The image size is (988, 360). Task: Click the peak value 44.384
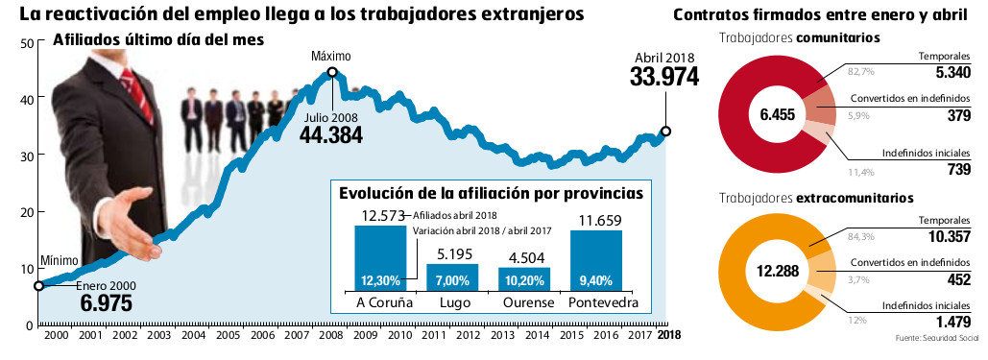331,134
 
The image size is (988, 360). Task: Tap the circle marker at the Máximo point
332,72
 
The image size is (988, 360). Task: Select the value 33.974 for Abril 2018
663,78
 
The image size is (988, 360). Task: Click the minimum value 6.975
106,303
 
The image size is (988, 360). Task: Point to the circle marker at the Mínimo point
38,285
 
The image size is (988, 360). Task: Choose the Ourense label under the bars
524,302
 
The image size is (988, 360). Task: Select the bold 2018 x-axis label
668,335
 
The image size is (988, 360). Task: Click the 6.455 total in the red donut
779,114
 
